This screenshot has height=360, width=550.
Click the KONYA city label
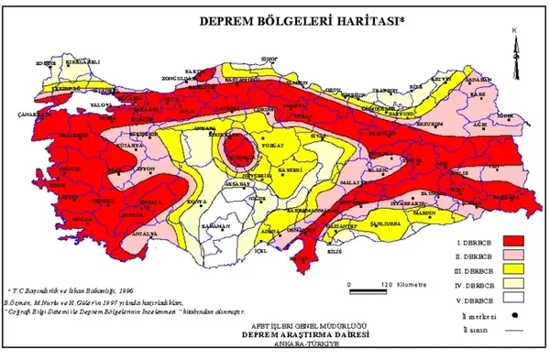(193, 199)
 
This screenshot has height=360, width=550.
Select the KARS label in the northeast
(476, 93)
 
